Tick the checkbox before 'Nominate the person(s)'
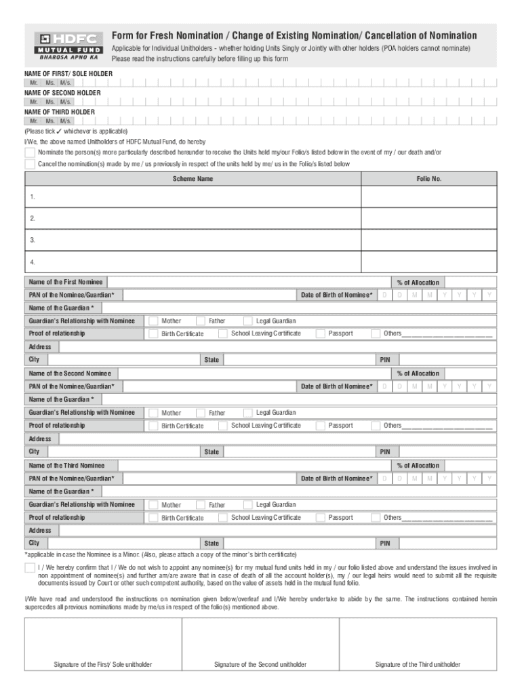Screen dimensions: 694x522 (x=30, y=152)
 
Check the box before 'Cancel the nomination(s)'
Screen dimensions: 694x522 (x=30, y=164)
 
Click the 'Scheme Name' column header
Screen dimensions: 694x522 (x=193, y=179)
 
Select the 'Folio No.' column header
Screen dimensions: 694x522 (x=429, y=179)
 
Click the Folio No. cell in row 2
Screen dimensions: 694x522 (x=429, y=218)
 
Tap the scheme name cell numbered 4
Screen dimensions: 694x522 (x=193, y=262)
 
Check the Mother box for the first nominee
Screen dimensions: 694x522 (x=154, y=321)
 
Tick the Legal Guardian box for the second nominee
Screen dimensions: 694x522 (x=248, y=412)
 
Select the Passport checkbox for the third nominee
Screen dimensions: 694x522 (x=320, y=517)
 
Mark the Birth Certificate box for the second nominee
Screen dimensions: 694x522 (x=154, y=426)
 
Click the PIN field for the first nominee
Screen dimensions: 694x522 (x=447, y=360)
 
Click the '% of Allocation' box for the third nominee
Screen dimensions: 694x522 (x=470, y=466)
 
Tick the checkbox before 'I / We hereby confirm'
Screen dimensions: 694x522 (x=30, y=567)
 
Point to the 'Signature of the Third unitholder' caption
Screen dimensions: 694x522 (x=418, y=664)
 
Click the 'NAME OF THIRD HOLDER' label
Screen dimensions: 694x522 (x=60, y=111)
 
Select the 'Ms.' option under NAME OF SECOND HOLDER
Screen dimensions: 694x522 (x=50, y=102)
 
